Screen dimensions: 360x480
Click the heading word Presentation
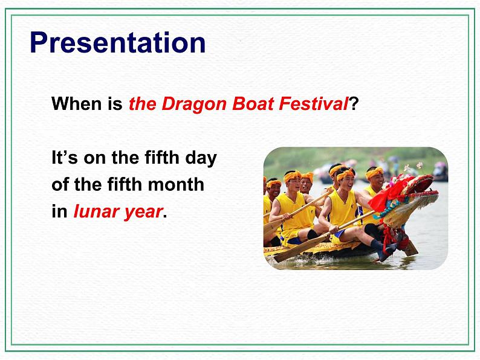[117, 43]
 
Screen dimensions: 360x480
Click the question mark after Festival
[354, 104]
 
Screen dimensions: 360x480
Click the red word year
[141, 213]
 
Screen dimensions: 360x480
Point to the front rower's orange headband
[346, 175]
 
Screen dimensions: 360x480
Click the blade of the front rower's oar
[289, 253]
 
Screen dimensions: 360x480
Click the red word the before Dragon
[142, 104]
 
